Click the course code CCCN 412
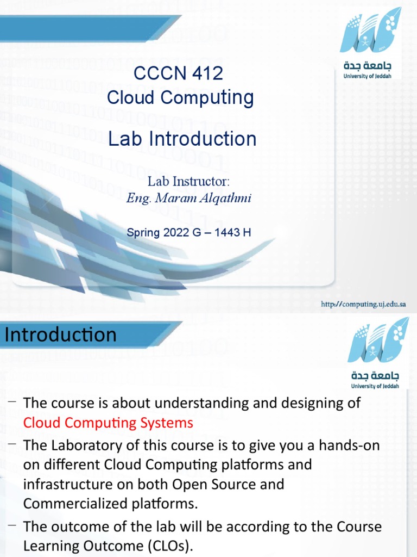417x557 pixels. pyautogui.click(x=180, y=73)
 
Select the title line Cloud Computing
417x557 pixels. pyautogui.click(x=180, y=97)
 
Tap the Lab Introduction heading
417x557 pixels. pyautogui.click(x=182, y=139)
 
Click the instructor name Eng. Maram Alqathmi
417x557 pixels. pyautogui.click(x=188, y=198)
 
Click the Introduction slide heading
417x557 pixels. pyautogui.click(x=60, y=335)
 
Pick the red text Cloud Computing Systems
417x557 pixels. pyautogui.click(x=108, y=423)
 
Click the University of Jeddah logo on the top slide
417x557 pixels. pyautogui.click(x=371, y=44)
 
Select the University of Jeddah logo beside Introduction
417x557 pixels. pyautogui.click(x=371, y=356)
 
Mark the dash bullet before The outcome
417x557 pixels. pyautogui.click(x=12, y=525)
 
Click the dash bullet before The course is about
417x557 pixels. pyautogui.click(x=12, y=401)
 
